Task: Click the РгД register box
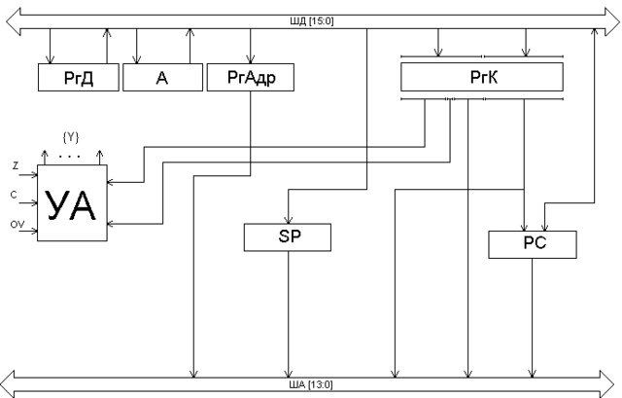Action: pos(79,78)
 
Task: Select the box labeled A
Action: pos(162,78)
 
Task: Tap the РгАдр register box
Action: pos(251,78)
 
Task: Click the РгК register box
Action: pos(482,77)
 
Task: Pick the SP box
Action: pos(288,237)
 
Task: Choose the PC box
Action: pos(533,244)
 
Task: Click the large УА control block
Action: pos(72,203)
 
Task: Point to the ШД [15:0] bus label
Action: pos(312,21)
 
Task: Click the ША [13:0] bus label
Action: pos(311,384)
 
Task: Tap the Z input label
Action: pos(16,166)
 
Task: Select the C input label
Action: pos(14,195)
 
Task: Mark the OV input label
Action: pos(17,225)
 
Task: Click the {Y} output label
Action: pos(71,137)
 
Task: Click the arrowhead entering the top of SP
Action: pos(289,220)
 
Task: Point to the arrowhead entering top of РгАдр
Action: pos(251,59)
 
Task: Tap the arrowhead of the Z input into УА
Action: pos(34,175)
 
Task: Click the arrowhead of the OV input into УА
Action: pos(34,231)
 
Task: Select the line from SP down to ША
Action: pos(289,314)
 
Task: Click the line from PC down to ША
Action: pos(533,318)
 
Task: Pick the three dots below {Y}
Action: pos(69,157)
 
